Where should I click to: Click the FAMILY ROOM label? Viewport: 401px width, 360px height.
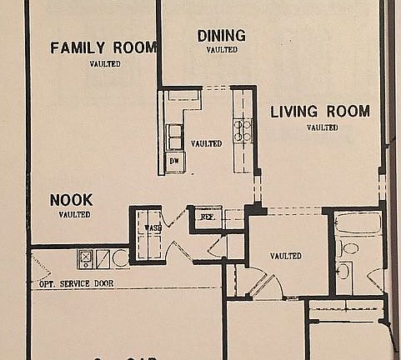[103, 47]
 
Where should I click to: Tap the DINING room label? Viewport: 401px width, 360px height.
[221, 35]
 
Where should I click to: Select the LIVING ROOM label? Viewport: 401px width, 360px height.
[320, 112]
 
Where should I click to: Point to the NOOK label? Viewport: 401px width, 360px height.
[71, 200]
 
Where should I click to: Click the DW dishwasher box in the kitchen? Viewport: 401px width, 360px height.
[174, 160]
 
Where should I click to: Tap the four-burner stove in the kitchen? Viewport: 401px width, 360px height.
[243, 128]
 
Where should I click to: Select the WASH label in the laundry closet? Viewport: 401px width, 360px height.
[152, 227]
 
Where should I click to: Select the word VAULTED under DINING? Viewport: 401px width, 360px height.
[221, 49]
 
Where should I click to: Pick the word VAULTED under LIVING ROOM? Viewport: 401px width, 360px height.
[322, 127]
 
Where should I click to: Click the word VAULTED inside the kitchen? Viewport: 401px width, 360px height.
[206, 143]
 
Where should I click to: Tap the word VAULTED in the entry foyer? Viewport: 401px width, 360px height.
[285, 256]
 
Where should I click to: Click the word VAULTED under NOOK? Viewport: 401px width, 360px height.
[74, 214]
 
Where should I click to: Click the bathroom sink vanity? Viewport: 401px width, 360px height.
[343, 271]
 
